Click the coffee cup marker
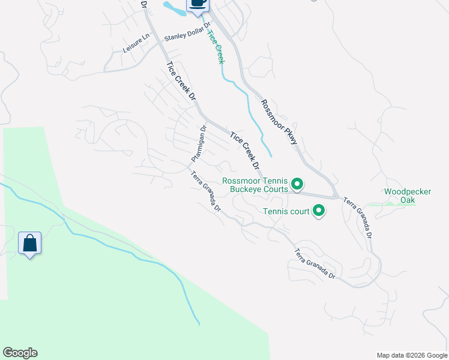tap(197, 4)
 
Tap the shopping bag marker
tap(29, 244)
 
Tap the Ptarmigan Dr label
tap(199, 143)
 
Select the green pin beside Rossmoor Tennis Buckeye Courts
tap(297, 184)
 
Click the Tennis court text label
tap(286, 211)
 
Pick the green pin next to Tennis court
tap(319, 211)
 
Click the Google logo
tap(20, 353)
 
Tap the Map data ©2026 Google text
tap(412, 355)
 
